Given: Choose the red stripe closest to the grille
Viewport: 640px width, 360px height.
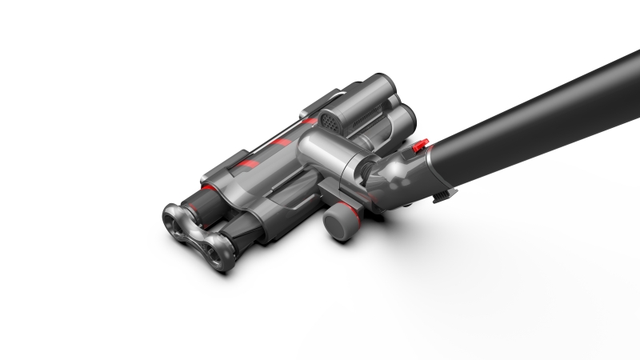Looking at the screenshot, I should coord(309,121).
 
